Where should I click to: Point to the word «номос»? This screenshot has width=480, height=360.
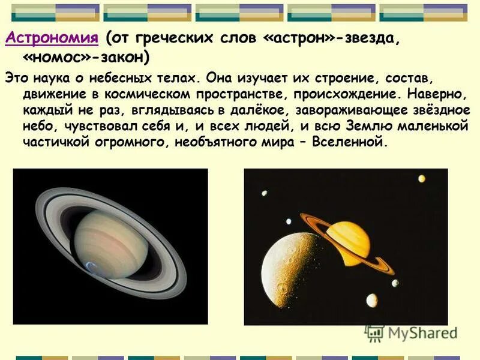[x=56, y=58]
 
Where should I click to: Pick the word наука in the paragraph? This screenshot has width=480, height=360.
[x=44, y=78]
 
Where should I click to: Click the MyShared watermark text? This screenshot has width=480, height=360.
[x=422, y=333]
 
